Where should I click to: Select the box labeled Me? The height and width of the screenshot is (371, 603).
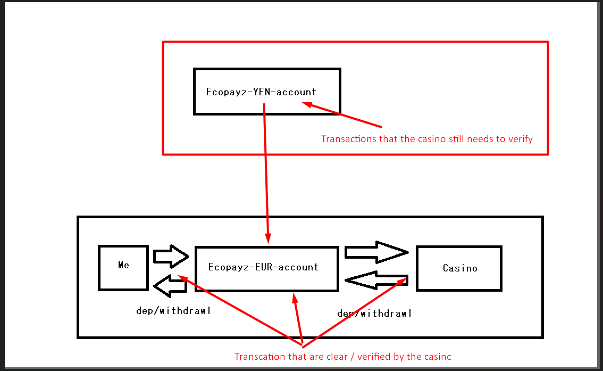(123, 268)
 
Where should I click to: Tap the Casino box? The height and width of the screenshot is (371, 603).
(459, 268)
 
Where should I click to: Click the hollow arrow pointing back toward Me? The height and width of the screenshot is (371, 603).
(170, 286)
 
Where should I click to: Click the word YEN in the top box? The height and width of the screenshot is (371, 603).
(261, 92)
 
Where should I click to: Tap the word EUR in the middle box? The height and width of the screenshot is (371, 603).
(263, 267)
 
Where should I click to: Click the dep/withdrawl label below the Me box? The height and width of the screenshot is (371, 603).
(173, 311)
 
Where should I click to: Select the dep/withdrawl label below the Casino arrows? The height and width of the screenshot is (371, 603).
(374, 314)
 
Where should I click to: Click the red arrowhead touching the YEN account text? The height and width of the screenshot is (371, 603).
(307, 105)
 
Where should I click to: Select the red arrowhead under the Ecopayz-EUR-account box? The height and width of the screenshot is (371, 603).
(294, 299)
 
